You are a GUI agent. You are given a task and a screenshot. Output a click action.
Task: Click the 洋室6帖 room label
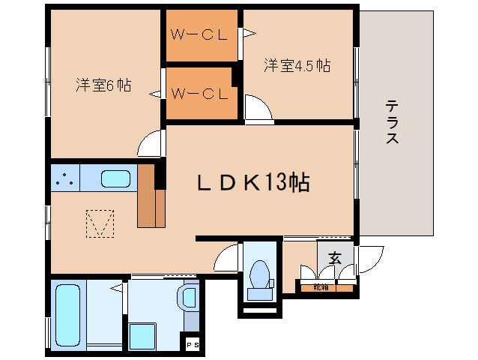pyautogui.click(x=103, y=85)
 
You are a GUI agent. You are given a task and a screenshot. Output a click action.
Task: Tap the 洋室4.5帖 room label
pyautogui.click(x=297, y=65)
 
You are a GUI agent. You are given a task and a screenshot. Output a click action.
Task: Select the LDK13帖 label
pyautogui.click(x=253, y=182)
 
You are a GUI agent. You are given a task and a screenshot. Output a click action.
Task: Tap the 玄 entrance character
pyautogui.click(x=335, y=258)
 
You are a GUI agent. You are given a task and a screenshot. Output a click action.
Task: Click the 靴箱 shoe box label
pyautogui.click(x=321, y=286)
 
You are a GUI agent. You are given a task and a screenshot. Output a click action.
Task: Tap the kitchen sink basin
pyautogui.click(x=115, y=179)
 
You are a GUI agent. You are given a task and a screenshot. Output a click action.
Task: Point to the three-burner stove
pyautogui.click(x=65, y=178)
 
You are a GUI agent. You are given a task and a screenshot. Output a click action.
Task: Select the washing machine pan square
pyautogui.click(x=142, y=336)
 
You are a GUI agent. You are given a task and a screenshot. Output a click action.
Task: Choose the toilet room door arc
pyautogui.click(x=226, y=260)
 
